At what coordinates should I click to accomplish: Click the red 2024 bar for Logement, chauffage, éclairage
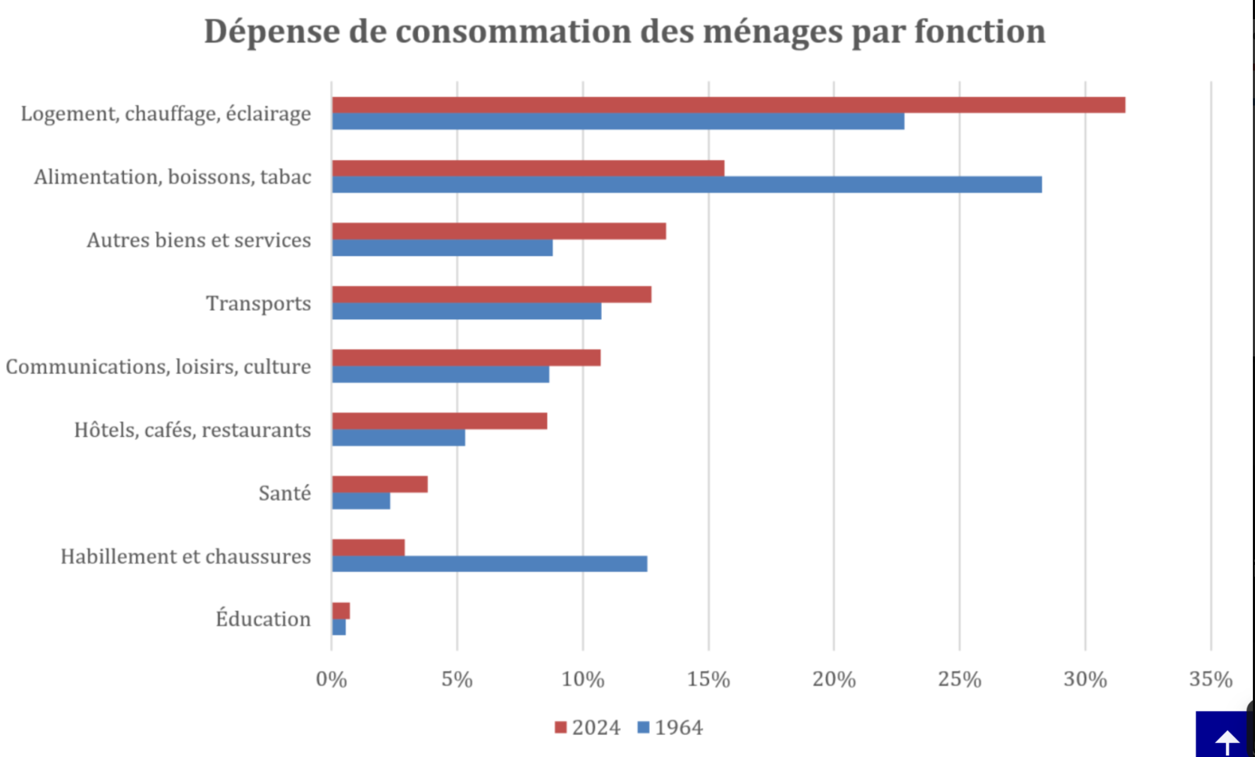coord(729,105)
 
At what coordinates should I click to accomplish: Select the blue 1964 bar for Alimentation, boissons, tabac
coord(687,185)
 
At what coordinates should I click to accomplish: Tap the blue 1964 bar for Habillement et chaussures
coord(489,564)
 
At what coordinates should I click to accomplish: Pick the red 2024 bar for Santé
coord(380,484)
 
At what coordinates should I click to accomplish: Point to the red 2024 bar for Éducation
coord(341,611)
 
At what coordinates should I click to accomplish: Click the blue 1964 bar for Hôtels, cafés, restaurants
coord(398,437)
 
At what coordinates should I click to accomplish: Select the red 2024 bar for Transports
coord(491,294)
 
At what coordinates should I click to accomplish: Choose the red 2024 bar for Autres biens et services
coord(499,231)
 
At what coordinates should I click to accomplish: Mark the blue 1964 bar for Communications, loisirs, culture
coord(440,374)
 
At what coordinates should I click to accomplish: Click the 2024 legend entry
coord(588,727)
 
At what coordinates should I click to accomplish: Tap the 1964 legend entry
coord(670,727)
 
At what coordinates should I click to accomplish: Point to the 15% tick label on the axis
coord(708,679)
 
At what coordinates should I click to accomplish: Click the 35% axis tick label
coord(1210,679)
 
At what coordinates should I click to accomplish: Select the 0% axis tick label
coord(331,679)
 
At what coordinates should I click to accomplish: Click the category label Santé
coord(285,493)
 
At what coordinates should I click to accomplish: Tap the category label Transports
coord(258,303)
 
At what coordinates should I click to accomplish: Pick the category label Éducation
coord(263,619)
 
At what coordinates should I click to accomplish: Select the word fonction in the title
coord(980,32)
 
